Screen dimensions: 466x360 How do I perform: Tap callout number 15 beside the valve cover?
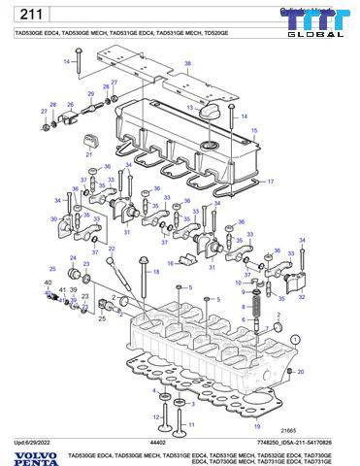click(255, 130)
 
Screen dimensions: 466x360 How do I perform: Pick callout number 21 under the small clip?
click(88, 153)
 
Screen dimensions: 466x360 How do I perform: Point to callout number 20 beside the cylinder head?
click(298, 372)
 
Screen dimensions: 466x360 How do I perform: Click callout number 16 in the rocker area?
click(171, 263)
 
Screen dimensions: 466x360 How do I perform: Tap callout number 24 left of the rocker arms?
click(70, 257)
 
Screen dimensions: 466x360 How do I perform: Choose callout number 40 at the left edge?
click(48, 282)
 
